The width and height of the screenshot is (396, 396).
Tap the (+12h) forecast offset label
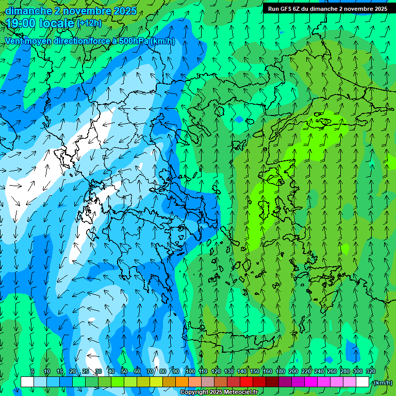[x=89, y=23]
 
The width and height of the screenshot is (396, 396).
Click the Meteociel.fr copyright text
[x=219, y=392]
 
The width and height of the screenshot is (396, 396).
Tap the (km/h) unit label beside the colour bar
[x=383, y=382]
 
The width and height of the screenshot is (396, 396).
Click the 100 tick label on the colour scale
[x=190, y=371]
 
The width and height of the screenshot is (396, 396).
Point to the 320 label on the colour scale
[x=370, y=371]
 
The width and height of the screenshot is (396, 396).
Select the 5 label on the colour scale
[x=32, y=371]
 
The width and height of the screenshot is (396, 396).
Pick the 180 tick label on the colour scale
[x=280, y=371]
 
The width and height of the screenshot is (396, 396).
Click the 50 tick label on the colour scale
[x=124, y=371]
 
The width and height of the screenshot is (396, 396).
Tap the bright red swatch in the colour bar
[x=246, y=382]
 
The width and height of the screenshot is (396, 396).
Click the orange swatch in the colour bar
[x=182, y=382]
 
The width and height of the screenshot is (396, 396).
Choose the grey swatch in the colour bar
[x=208, y=382]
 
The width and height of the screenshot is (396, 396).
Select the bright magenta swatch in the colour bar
[x=311, y=382]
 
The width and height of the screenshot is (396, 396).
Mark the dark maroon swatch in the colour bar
[x=272, y=382]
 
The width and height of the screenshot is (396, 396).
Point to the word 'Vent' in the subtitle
[x=14, y=41]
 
